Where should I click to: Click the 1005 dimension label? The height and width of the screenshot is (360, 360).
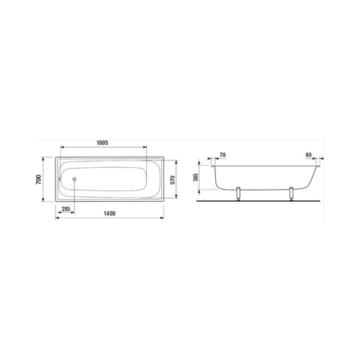102,143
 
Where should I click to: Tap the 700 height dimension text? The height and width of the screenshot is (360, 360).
38,179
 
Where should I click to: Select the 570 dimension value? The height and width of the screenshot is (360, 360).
172,180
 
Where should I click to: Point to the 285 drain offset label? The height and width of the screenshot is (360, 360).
66,208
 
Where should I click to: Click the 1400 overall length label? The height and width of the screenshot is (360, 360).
109,214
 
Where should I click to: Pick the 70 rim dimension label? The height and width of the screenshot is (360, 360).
223,155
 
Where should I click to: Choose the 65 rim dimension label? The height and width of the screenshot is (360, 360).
308,154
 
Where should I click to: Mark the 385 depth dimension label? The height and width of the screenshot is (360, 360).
196,177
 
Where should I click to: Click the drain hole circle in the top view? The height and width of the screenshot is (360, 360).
74,179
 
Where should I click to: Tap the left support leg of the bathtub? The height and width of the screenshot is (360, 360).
238,193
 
